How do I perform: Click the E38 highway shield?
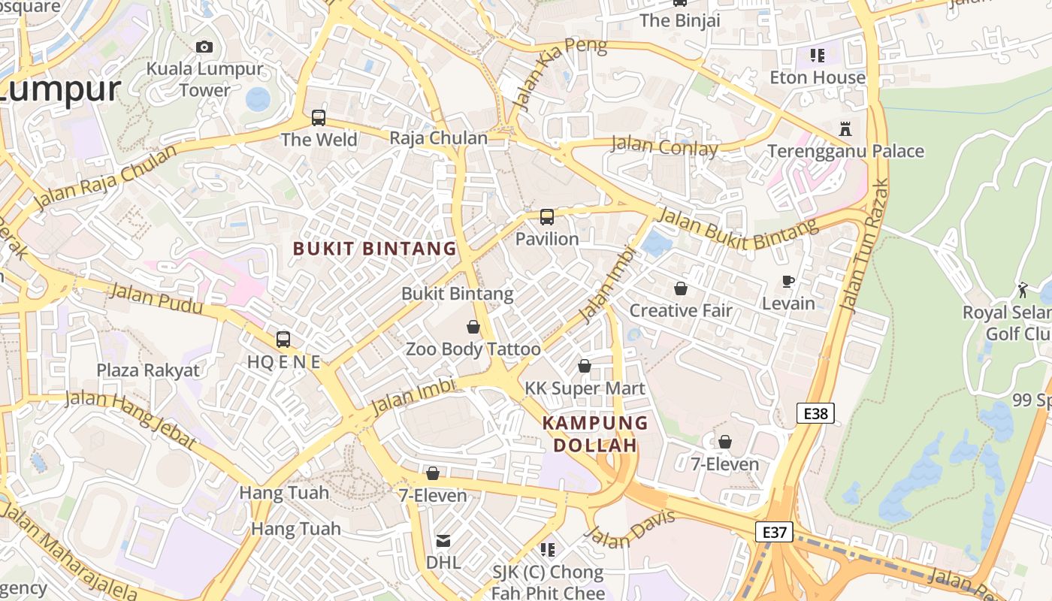click(815, 412)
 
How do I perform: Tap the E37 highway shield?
click(774, 532)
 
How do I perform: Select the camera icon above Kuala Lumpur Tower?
click(204, 47)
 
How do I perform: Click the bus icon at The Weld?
click(319, 118)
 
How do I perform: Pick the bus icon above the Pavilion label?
click(547, 217)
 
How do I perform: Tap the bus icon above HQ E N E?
click(283, 340)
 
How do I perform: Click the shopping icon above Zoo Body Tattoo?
click(473, 327)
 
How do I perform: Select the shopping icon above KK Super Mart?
click(585, 366)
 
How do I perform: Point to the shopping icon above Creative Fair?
click(681, 288)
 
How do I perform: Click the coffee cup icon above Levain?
click(787, 282)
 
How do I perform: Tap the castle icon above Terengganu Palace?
click(845, 129)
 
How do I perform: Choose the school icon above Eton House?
click(818, 55)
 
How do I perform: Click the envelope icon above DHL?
click(443, 541)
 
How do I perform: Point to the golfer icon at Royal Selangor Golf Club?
click(1023, 289)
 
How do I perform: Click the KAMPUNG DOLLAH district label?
click(595, 433)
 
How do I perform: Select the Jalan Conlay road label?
click(664, 146)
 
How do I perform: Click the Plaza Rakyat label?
click(148, 370)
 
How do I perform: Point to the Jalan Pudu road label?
click(156, 299)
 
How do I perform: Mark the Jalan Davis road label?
click(630, 530)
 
